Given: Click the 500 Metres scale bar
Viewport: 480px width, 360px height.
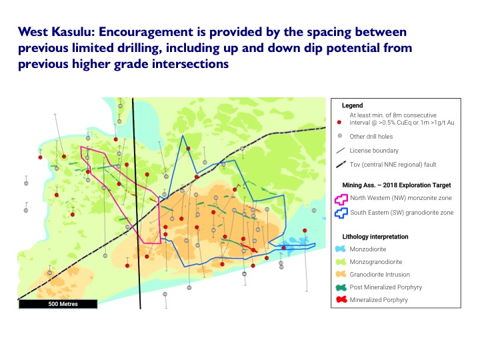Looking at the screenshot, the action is [x=58, y=304].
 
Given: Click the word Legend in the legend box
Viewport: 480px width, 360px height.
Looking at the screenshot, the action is [x=353, y=105].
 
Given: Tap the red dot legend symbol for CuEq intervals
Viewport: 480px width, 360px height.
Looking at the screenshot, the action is [x=339, y=122].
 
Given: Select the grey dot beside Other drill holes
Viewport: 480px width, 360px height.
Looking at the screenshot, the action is [x=339, y=135].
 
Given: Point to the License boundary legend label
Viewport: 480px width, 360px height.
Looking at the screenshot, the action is [x=374, y=150].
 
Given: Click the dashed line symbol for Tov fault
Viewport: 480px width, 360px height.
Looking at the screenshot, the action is [x=341, y=165].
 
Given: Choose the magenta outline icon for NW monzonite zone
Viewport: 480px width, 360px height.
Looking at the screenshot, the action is [x=341, y=199].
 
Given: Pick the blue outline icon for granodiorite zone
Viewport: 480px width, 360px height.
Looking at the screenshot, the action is [x=341, y=213].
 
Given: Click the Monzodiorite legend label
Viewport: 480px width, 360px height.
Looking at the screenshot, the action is [x=368, y=249].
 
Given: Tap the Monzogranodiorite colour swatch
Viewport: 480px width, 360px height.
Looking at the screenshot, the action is [x=341, y=262].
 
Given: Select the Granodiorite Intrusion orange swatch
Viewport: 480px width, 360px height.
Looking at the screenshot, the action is [x=341, y=274].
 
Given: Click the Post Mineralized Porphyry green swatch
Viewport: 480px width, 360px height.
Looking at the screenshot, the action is [x=341, y=287].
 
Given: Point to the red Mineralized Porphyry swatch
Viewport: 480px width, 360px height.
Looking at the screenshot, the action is [x=341, y=299].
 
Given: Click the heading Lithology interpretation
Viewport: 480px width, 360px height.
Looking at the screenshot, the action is [x=375, y=237].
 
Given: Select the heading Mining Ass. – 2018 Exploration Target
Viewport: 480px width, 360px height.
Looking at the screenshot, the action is [x=397, y=185].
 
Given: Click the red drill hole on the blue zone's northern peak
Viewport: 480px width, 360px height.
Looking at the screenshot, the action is [x=189, y=149].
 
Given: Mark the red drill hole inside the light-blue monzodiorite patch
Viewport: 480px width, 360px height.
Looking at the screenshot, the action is [x=284, y=247].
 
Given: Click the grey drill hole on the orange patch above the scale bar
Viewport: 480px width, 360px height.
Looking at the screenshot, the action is [x=49, y=273].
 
